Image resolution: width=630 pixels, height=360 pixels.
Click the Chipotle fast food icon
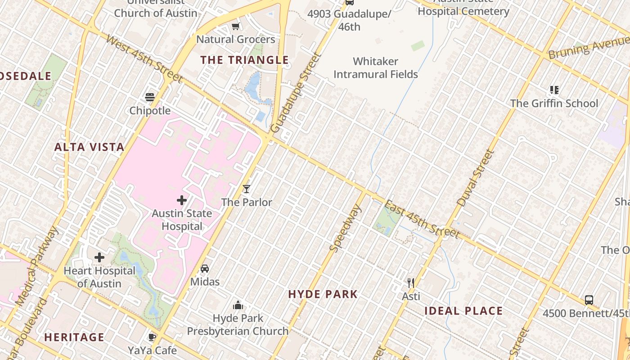click(150, 97)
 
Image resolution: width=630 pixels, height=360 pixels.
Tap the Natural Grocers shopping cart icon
click(235, 26)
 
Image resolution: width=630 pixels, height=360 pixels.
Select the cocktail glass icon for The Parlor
click(246, 189)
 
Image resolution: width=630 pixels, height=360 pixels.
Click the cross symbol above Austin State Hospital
click(182, 200)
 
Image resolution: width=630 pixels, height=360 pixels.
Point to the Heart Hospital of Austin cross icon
click(99, 257)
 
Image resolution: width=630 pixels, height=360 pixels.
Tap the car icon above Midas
click(205, 269)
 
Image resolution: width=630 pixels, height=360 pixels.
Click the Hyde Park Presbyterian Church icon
click(238, 306)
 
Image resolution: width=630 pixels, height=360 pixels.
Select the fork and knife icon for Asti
click(411, 283)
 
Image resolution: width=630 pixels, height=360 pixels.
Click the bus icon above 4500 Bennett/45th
click(589, 300)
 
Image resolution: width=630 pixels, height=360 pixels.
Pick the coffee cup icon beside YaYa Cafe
click(152, 337)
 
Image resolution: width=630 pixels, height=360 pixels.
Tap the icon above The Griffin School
click(554, 90)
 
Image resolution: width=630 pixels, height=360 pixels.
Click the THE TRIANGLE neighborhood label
click(244, 60)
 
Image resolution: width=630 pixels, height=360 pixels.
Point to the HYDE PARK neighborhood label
click(323, 294)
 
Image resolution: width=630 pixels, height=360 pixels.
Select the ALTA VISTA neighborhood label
click(89, 147)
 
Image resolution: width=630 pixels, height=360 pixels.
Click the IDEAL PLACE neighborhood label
click(463, 311)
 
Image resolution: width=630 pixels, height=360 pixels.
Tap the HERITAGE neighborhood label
click(74, 337)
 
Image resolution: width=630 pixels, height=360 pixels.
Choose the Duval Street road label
click(475, 178)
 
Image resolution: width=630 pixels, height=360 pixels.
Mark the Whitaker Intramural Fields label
click(376, 67)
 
